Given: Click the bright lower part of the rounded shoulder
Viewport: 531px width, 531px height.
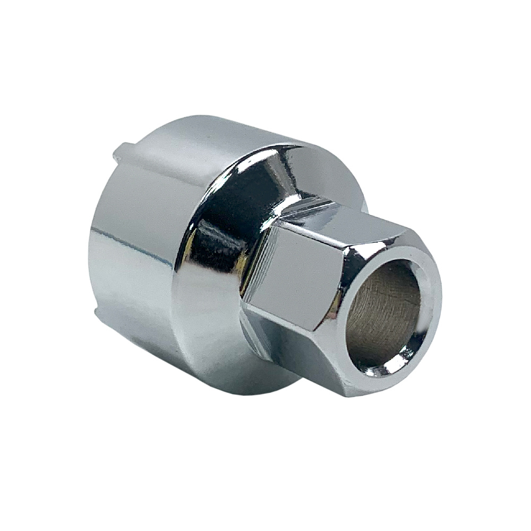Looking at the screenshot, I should pyautogui.click(x=212, y=329).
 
